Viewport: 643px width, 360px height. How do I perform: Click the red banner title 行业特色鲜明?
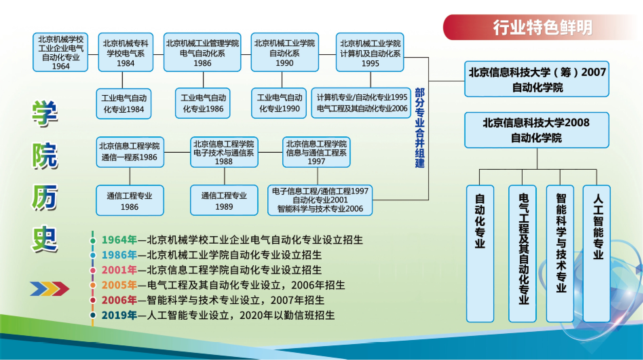click(x=542, y=27)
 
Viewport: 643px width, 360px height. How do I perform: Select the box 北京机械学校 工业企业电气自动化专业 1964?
click(x=61, y=53)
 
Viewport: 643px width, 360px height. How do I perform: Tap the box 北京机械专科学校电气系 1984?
click(x=126, y=53)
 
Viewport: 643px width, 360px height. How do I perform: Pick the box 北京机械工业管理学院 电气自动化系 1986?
click(x=202, y=53)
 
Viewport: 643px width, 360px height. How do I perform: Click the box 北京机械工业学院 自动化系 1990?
click(x=285, y=53)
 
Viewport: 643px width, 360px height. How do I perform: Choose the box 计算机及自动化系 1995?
click(x=370, y=53)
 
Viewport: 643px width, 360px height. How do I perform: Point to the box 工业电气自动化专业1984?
click(x=124, y=103)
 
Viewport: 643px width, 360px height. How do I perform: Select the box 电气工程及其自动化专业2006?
click(x=361, y=103)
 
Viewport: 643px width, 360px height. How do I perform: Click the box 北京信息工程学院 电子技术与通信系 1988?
click(x=224, y=152)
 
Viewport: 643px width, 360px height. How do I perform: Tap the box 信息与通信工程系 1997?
click(x=316, y=152)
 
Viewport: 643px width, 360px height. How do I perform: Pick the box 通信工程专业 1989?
click(x=224, y=201)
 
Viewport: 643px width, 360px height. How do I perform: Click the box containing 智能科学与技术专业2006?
click(x=320, y=200)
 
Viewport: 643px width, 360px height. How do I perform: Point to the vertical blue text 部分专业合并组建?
click(x=420, y=128)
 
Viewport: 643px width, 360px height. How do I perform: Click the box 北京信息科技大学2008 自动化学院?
click(x=537, y=130)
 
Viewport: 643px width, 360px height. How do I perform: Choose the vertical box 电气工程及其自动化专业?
click(x=523, y=253)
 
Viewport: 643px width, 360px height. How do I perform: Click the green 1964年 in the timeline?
click(x=119, y=240)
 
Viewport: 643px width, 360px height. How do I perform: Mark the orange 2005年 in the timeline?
click(x=119, y=285)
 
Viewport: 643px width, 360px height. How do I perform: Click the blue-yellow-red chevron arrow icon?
click(x=50, y=288)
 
